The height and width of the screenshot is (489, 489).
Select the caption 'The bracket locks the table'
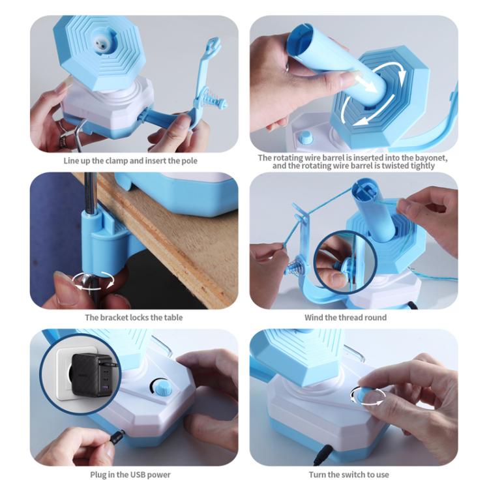click(134, 318)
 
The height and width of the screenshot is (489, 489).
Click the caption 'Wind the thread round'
click(345, 318)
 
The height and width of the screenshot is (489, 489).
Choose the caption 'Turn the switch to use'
click(349, 474)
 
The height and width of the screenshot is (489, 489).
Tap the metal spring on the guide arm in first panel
click(210, 101)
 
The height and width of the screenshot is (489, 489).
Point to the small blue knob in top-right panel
click(305, 138)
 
